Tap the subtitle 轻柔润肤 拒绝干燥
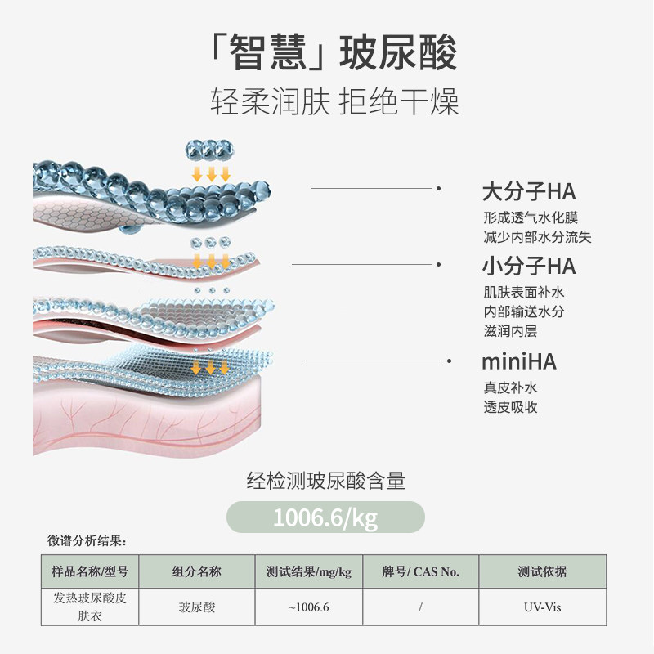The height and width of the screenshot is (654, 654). pyautogui.click(x=334, y=104)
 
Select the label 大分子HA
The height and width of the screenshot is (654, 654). pyautogui.click(x=528, y=192)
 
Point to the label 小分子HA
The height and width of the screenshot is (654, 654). pyautogui.click(x=528, y=266)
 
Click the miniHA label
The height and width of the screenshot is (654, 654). pyautogui.click(x=519, y=362)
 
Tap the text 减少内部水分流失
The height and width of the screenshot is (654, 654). pyautogui.click(x=536, y=238)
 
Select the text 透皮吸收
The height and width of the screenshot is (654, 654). pyautogui.click(x=510, y=407)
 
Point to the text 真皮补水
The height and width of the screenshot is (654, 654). pyautogui.click(x=510, y=387)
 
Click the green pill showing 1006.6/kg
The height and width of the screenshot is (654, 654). pyautogui.click(x=325, y=517)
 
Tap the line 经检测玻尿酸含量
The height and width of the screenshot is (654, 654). pyautogui.click(x=326, y=482)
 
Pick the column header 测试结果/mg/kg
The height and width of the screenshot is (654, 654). pyautogui.click(x=308, y=571)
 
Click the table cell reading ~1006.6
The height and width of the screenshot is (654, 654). pyautogui.click(x=308, y=607)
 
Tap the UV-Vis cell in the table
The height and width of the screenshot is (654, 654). pyautogui.click(x=542, y=607)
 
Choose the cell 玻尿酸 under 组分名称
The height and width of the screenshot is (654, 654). pyautogui.click(x=196, y=607)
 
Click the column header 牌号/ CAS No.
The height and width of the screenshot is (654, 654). pyautogui.click(x=420, y=571)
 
